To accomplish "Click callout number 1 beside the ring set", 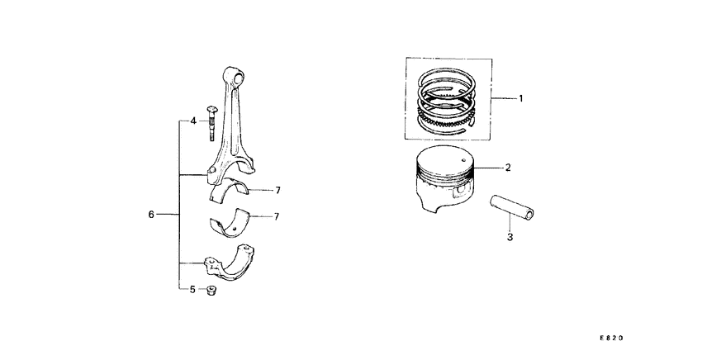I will [521, 98].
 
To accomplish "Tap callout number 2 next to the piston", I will [508, 168].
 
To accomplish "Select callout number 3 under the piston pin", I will [510, 238].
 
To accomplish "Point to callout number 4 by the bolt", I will [192, 121].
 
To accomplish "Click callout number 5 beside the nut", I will [192, 290].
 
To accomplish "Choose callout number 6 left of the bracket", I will [151, 215].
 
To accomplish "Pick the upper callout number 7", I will [278, 191].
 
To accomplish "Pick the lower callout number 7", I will [278, 217].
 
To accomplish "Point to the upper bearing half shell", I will [231, 192].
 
